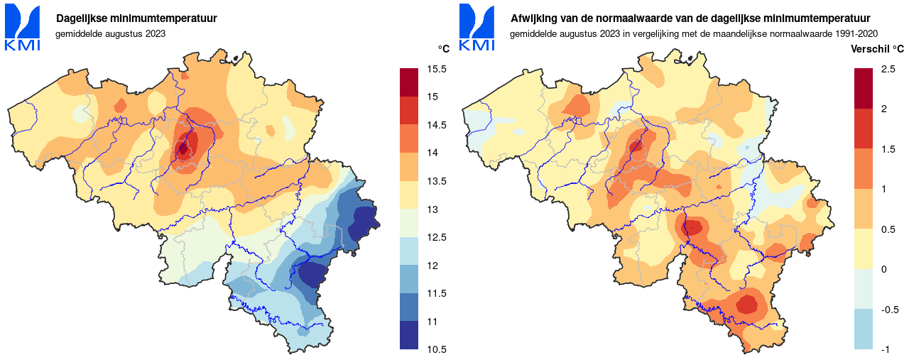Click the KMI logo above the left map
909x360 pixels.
point(23,28)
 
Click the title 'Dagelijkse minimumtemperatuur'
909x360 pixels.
point(137,18)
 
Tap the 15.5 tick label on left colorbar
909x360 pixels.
point(437,69)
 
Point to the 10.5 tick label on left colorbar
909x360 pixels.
point(437,349)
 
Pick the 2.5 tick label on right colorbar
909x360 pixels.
point(888,69)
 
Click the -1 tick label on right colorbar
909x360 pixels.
point(885,349)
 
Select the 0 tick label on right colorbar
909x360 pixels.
point(883,269)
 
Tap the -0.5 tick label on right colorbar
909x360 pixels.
point(889,310)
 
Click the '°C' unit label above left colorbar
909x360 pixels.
point(443,49)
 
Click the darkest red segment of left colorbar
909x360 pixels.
point(409,82)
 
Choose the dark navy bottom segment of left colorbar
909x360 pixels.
point(409,335)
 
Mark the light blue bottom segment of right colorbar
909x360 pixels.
point(863,329)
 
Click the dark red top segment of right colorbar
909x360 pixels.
point(863,88)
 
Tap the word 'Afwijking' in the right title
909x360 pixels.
point(533,18)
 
